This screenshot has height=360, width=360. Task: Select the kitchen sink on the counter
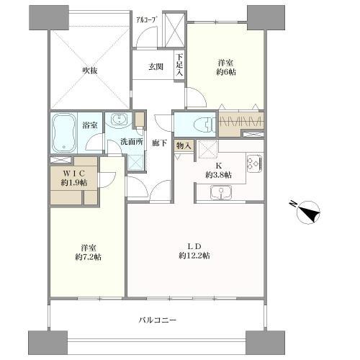click(x=220, y=192)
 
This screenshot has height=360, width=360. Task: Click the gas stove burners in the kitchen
click(x=254, y=165)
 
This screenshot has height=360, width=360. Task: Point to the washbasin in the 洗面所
click(x=118, y=120)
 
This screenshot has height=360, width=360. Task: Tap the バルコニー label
click(x=158, y=319)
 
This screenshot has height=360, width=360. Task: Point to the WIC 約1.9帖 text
click(x=74, y=177)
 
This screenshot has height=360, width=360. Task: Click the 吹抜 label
click(x=90, y=71)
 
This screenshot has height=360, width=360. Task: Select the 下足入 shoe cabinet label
click(x=179, y=66)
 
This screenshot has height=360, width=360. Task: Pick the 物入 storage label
click(x=183, y=146)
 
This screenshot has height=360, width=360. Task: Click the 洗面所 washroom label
click(x=132, y=141)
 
